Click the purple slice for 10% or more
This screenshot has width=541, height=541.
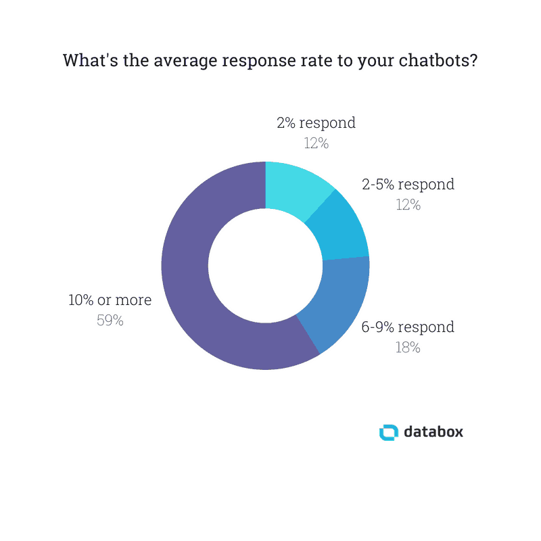tap(186, 270)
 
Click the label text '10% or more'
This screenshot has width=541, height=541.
tap(110, 300)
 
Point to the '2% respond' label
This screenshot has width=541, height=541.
tap(316, 123)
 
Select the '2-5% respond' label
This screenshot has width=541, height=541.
tap(408, 184)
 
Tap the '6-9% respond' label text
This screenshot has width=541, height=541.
tap(408, 327)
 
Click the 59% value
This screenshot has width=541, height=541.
tap(110, 321)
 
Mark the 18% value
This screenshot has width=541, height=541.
tap(408, 348)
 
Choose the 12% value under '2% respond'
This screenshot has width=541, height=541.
tap(316, 143)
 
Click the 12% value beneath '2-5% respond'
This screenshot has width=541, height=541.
tap(408, 204)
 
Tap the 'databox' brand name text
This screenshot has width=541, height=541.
tap(433, 431)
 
